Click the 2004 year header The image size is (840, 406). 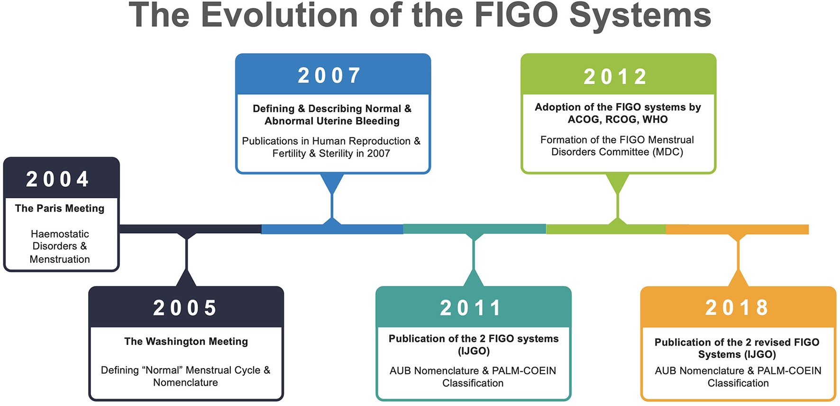[x=58, y=179]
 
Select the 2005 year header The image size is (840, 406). [x=185, y=308]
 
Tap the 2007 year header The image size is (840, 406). [x=329, y=75]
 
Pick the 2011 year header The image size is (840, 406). [x=470, y=308]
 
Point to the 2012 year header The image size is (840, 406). [x=615, y=77]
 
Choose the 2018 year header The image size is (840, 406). [x=737, y=308]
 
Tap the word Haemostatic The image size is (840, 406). [x=60, y=234]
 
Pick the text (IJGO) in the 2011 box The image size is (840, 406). [x=474, y=351]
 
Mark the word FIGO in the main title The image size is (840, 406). [x=516, y=15]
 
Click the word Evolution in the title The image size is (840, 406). [x=280, y=15]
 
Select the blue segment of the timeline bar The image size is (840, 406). [x=332, y=229]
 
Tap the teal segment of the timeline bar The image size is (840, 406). [x=475, y=229]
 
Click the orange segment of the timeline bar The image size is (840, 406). [x=737, y=229]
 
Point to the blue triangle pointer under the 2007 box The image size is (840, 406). [x=332, y=183]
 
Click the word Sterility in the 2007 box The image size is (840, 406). [x=336, y=154]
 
